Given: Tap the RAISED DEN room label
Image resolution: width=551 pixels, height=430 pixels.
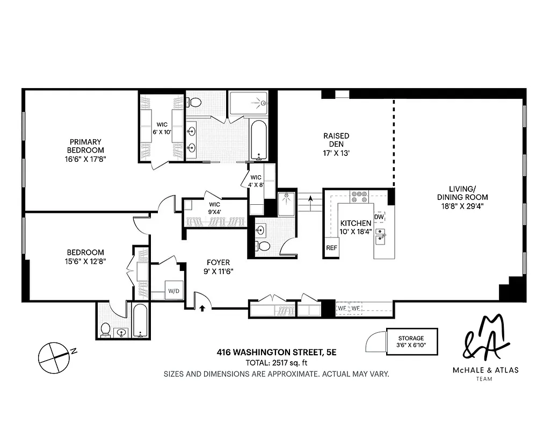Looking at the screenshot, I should tap(336, 140).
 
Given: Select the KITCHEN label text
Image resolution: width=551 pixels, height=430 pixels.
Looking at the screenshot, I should tap(356, 223).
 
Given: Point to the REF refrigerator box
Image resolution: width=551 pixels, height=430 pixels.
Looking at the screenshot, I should tap(331, 249).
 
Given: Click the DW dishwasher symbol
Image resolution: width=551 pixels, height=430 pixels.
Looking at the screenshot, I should tap(379, 217).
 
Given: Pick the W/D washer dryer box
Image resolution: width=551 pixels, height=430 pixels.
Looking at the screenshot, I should tap(174, 291).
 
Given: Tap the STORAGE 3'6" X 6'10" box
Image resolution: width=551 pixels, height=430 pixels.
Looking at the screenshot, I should tap(411, 341).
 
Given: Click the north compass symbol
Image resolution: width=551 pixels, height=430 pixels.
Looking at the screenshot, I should tap(54, 357).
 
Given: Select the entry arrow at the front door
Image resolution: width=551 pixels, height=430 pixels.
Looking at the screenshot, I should tap(202, 309).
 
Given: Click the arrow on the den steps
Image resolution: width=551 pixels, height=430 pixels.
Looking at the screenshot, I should tap(310, 199).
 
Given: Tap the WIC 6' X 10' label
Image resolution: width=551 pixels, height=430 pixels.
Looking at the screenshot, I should tap(162, 128).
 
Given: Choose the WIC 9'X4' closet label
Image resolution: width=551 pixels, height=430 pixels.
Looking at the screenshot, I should tap(214, 208).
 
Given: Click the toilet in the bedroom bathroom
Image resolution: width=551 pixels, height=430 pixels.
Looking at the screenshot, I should tap(106, 329).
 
